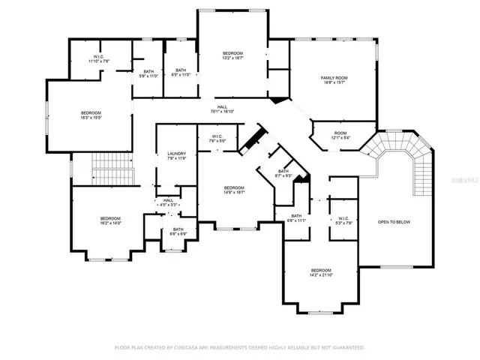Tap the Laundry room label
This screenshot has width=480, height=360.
[176, 156]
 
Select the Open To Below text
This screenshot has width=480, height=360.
[394, 222]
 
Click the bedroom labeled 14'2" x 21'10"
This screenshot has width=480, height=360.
[321, 272]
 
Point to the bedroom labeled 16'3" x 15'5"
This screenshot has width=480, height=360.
[91, 115]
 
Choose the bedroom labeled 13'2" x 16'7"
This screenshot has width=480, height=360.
[232, 54]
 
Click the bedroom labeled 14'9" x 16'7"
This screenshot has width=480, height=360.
[233, 190]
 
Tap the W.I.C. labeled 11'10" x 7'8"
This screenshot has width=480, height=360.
[98, 58]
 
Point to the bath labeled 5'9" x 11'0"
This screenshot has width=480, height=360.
[148, 73]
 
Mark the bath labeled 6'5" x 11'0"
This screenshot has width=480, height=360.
[181, 73]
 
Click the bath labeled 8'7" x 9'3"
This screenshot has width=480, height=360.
[283, 173]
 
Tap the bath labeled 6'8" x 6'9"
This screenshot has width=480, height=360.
[178, 232]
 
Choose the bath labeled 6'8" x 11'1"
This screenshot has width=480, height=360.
[297, 218]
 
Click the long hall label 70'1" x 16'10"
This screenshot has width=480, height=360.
[223, 109]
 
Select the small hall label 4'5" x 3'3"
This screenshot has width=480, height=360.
[168, 202]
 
